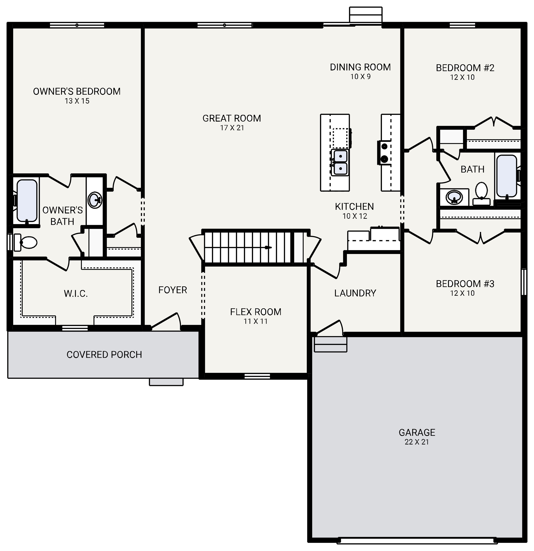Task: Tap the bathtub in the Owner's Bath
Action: tap(27, 200)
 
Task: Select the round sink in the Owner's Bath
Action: tap(95, 200)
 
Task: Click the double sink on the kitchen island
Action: tap(340, 163)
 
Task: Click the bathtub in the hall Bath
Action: tap(506, 176)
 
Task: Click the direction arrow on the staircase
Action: tap(269, 247)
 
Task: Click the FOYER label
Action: tap(173, 290)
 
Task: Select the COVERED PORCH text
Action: tap(104, 355)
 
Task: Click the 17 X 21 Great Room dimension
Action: tap(232, 128)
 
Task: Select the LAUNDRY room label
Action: tap(355, 293)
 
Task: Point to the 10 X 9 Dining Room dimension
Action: tap(360, 76)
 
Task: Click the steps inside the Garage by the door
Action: tap(330, 344)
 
